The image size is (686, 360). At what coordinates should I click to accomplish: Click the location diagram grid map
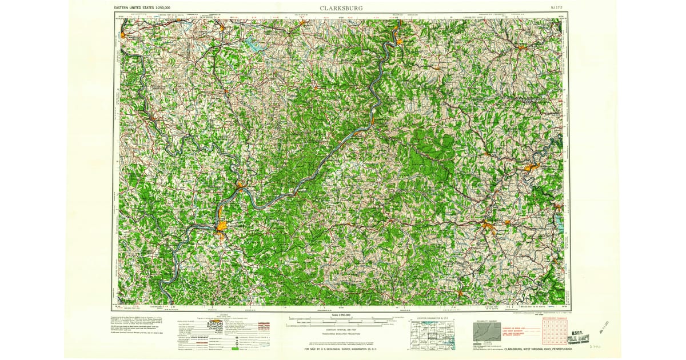[432, 335]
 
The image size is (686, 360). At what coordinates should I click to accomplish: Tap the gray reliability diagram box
[487, 333]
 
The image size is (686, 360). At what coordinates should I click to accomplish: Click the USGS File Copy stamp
[579, 337]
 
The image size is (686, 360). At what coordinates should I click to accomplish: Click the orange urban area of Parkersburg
[221, 227]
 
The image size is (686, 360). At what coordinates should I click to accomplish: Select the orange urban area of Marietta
[241, 185]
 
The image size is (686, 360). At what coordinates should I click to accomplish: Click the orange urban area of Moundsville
[398, 40]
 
